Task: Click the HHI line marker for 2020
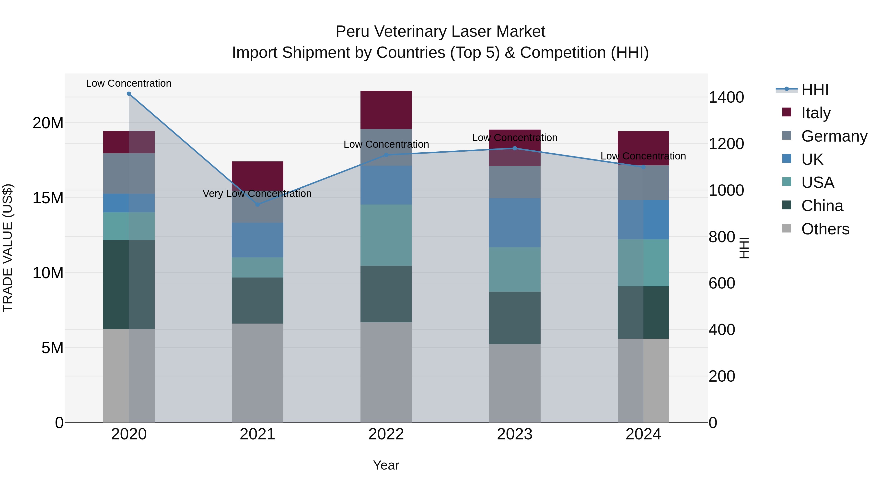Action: [129, 94]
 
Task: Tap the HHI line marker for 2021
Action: [257, 205]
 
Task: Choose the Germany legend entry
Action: [834, 136]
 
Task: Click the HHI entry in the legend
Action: [815, 90]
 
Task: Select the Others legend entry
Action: [825, 229]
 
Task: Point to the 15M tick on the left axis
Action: [48, 198]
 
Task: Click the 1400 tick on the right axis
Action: [726, 97]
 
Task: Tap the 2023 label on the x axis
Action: [514, 434]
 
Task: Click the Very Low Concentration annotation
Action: [257, 194]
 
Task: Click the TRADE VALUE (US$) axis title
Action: [8, 248]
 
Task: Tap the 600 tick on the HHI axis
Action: [722, 283]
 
